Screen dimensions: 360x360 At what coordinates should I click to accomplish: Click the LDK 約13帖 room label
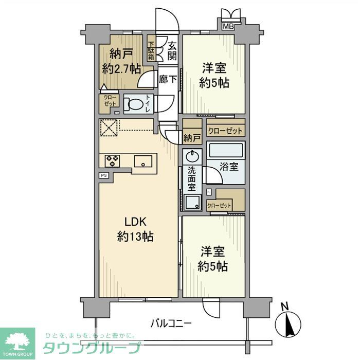click(x=135, y=229)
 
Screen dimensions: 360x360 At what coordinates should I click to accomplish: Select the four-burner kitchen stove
click(x=112, y=161)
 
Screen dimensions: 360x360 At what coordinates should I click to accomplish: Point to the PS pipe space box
click(x=104, y=175)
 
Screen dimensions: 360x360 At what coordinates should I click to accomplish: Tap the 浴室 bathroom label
click(x=229, y=167)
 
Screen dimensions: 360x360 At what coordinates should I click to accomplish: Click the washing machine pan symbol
click(x=194, y=203)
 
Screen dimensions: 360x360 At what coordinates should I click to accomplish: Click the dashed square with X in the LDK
click(x=109, y=128)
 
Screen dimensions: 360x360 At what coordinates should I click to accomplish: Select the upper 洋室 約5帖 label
click(x=214, y=75)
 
